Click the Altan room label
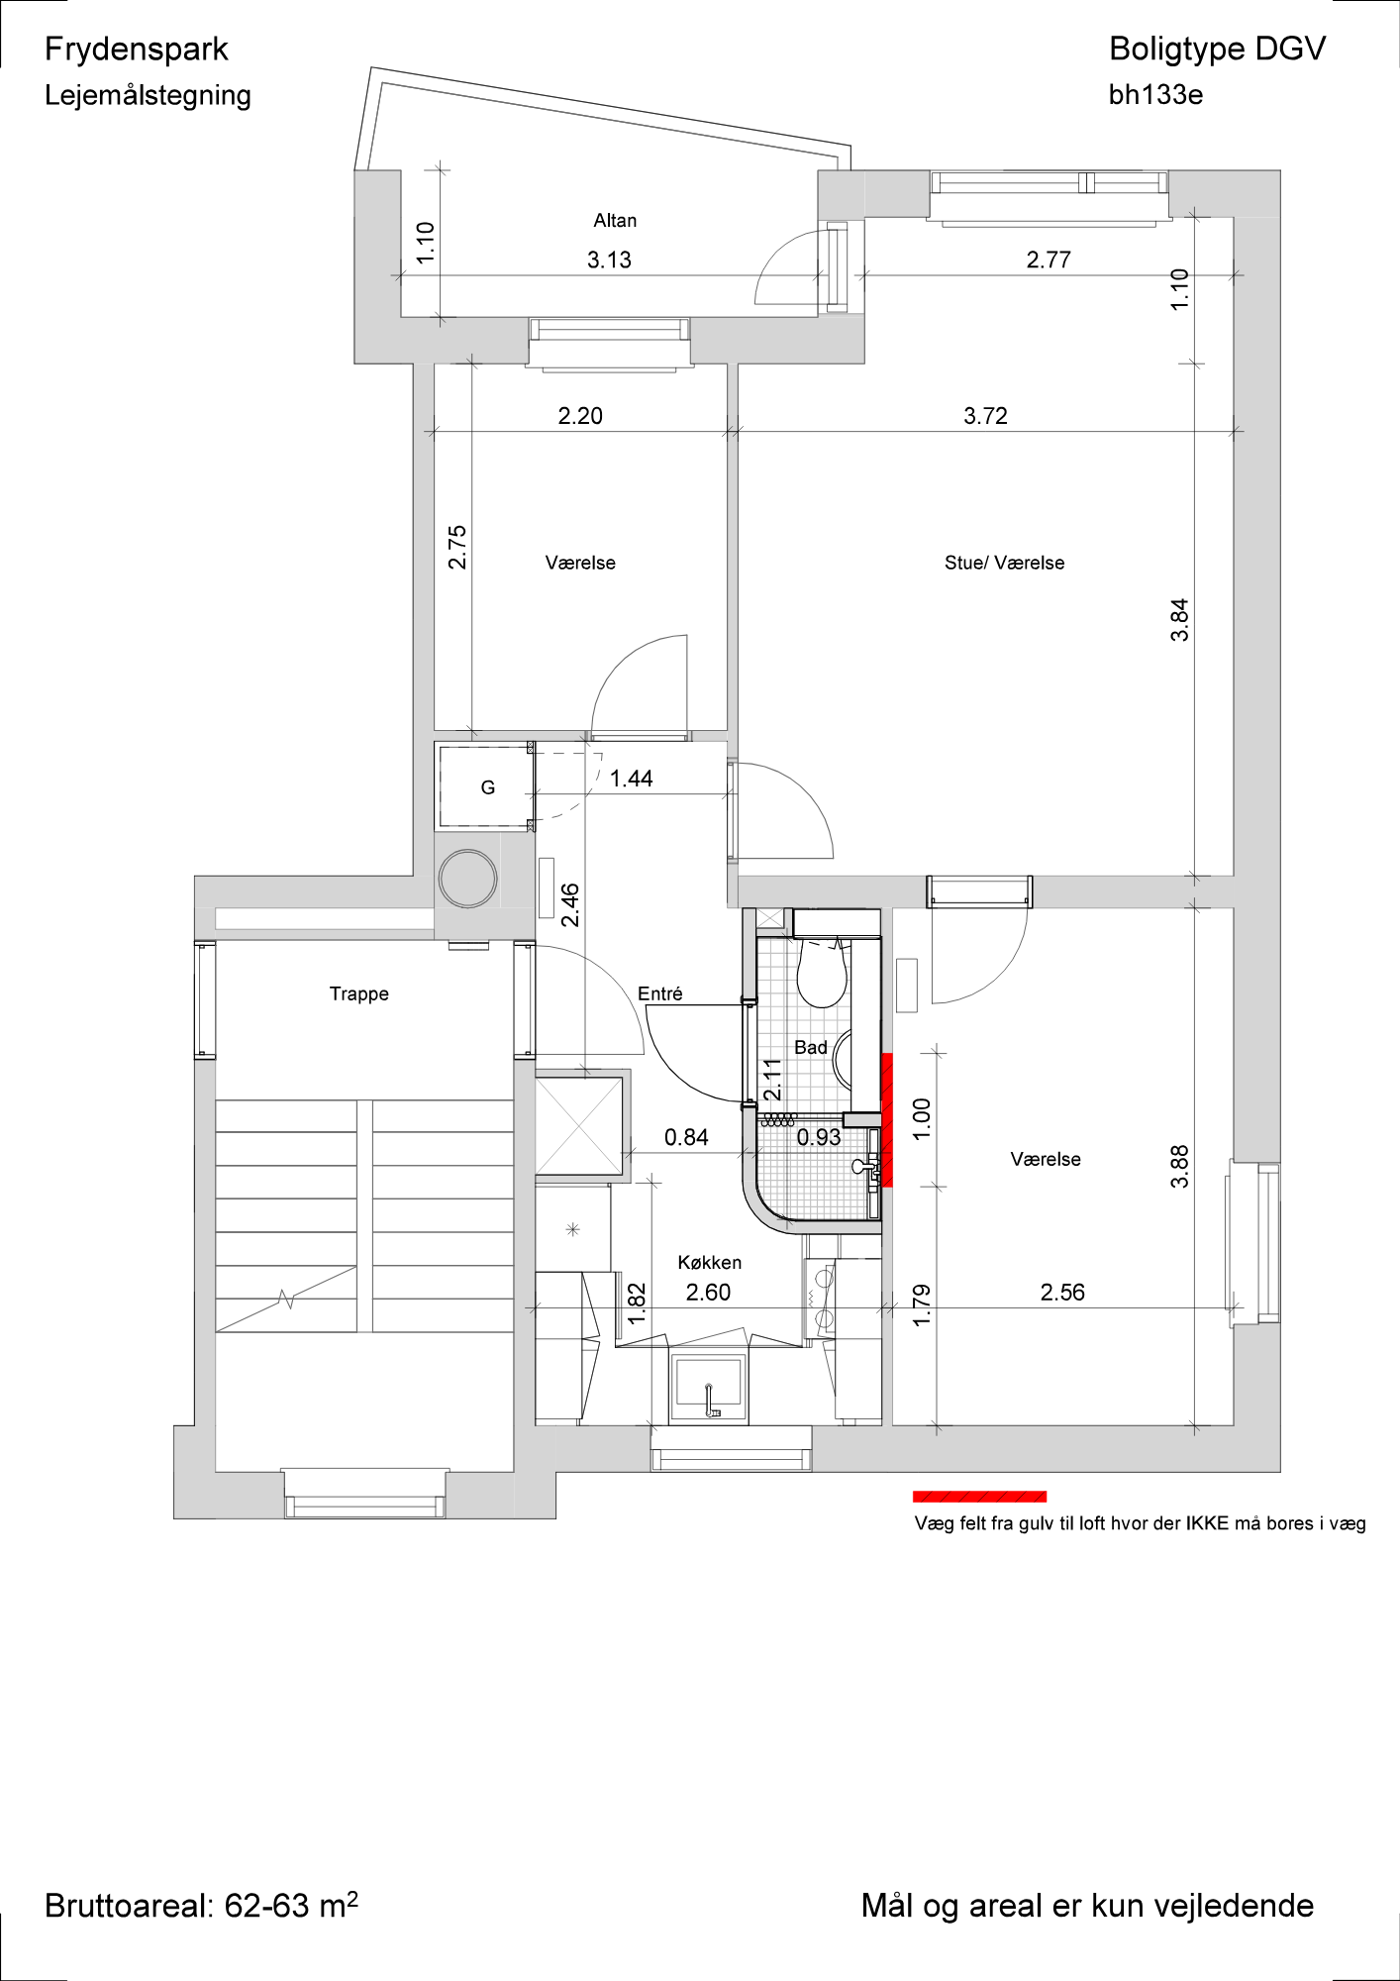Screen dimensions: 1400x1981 (x=615, y=221)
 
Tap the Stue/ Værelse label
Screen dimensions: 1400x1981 (x=1004, y=563)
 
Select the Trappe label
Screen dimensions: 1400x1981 (x=358, y=993)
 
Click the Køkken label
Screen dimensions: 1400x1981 (x=709, y=1262)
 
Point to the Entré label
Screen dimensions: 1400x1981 (x=659, y=993)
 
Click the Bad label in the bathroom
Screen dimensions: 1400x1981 (x=810, y=1047)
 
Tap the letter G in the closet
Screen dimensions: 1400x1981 (x=487, y=787)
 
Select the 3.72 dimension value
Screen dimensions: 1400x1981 (x=985, y=416)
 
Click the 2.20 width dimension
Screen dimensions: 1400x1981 (x=580, y=416)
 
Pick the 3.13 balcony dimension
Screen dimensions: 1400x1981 (x=609, y=260)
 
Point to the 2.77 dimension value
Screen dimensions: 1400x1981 (x=1049, y=260)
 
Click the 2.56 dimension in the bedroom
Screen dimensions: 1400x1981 (x=1062, y=1292)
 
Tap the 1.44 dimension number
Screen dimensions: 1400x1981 (x=631, y=779)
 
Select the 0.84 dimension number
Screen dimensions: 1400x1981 (x=686, y=1137)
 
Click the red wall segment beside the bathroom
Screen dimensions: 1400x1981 (x=887, y=1119)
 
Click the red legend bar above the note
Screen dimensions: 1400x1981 (x=979, y=1497)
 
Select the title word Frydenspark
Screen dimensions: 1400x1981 (x=137, y=50)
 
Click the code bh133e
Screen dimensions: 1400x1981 (x=1155, y=95)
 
